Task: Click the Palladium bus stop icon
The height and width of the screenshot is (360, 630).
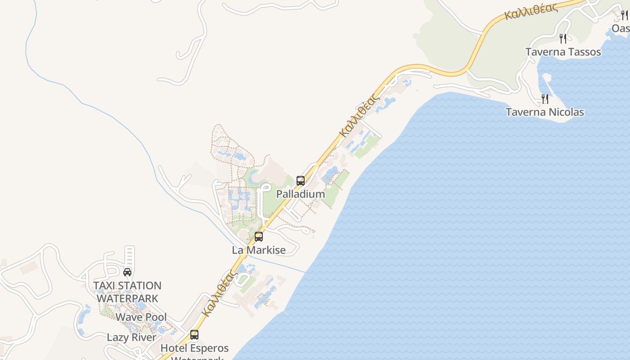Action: click(301, 181)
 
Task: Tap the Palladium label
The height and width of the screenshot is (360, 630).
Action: click(300, 194)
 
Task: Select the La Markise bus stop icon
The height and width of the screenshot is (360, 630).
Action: click(259, 237)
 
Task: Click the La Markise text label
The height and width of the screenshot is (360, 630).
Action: click(259, 250)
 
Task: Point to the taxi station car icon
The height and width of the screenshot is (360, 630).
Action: click(127, 272)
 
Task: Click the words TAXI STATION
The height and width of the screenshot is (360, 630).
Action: click(127, 286)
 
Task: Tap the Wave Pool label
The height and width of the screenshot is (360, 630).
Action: click(141, 317)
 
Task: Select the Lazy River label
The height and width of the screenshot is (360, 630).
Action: click(131, 337)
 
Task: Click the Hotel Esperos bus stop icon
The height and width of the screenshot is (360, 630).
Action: click(194, 335)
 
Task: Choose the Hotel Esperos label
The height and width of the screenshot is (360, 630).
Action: click(194, 348)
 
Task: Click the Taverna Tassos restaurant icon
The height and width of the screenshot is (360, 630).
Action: click(563, 39)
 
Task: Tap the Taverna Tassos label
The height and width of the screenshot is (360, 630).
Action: click(563, 52)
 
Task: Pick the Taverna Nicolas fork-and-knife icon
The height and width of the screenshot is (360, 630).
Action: click(545, 99)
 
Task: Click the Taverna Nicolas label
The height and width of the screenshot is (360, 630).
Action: click(545, 112)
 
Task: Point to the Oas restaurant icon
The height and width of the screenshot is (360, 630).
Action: click(624, 16)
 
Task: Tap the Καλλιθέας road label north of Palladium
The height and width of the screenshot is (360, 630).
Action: click(358, 115)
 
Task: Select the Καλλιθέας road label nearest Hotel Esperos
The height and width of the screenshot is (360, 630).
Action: click(219, 293)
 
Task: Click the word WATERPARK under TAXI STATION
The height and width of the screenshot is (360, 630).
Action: click(127, 298)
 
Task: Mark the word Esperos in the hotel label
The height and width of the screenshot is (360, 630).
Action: click(209, 348)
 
